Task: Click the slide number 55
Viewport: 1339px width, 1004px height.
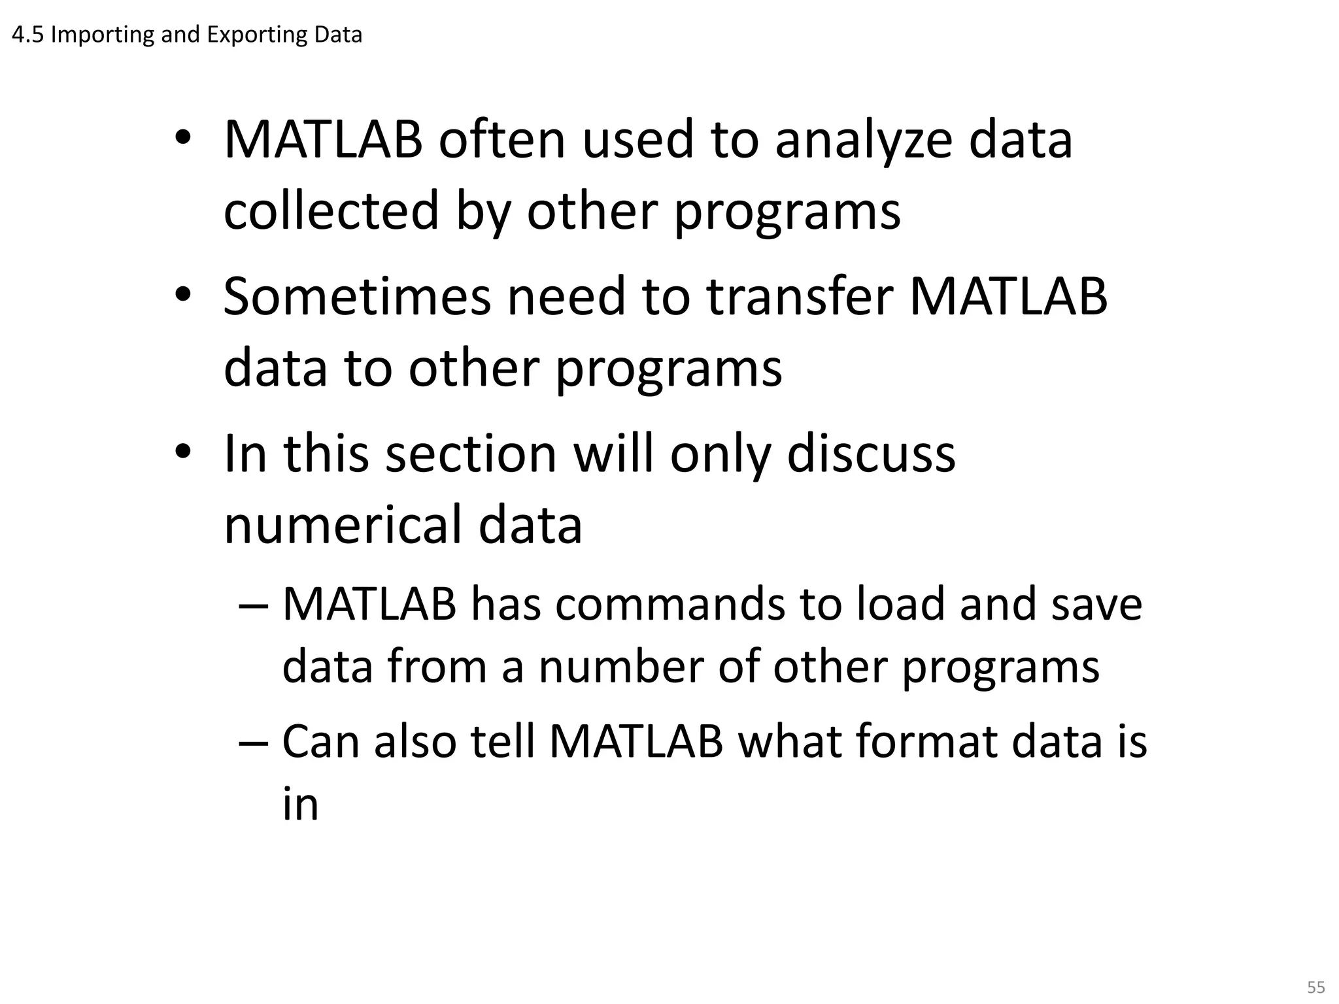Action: point(1315,986)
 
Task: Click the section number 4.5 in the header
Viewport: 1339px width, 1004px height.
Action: point(27,35)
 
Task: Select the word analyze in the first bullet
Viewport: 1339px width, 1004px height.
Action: point(863,141)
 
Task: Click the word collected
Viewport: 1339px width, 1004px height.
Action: point(331,210)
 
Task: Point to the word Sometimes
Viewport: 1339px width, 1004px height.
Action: point(357,296)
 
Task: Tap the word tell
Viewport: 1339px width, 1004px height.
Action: point(502,742)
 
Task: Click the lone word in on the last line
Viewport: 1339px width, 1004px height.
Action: point(300,805)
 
